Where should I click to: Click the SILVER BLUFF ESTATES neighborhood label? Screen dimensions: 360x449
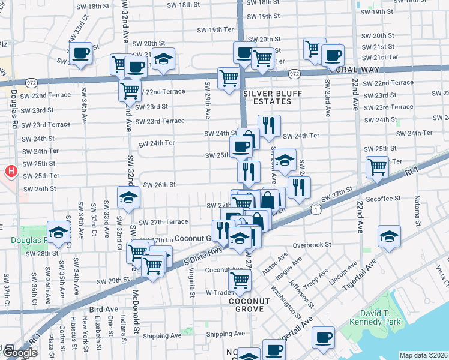[267, 98]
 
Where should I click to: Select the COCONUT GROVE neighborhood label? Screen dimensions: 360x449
[246, 304]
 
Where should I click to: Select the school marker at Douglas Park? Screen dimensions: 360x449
[59, 232]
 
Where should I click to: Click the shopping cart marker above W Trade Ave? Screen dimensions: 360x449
[240, 279]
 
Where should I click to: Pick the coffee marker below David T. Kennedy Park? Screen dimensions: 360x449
[324, 338]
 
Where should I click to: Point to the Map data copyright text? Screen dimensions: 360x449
[424, 355]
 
